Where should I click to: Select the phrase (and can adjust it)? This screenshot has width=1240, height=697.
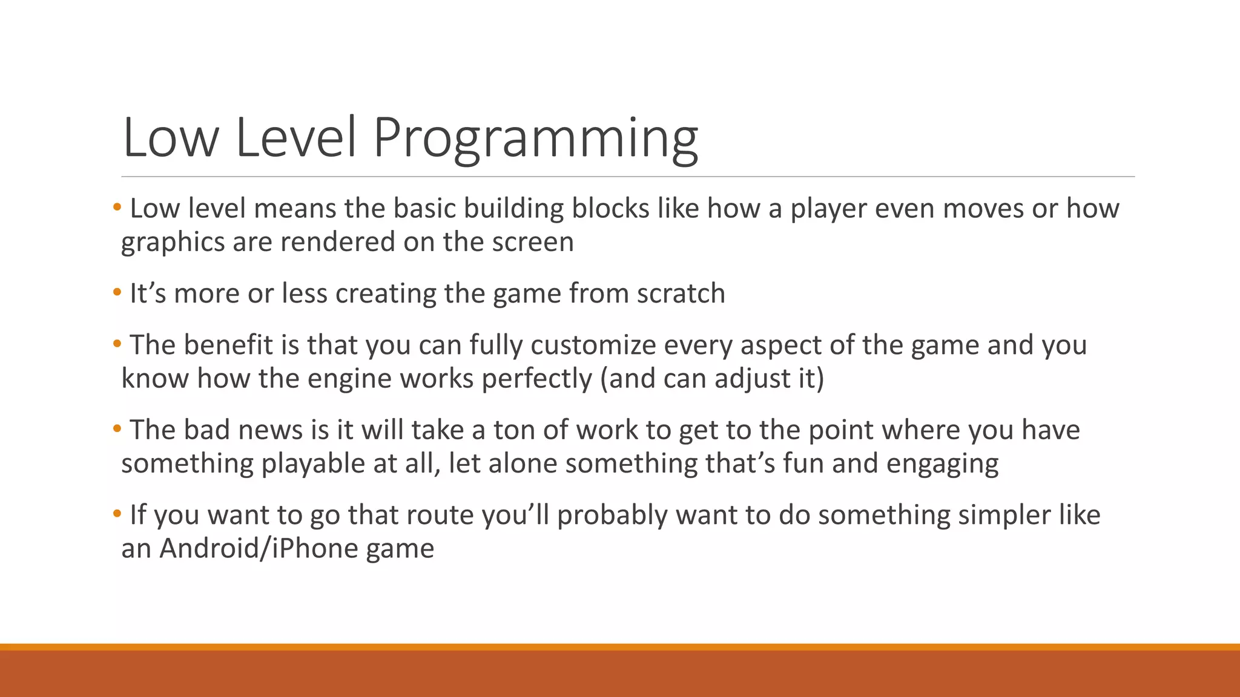(x=712, y=379)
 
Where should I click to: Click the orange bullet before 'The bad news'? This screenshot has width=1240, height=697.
(x=117, y=429)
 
